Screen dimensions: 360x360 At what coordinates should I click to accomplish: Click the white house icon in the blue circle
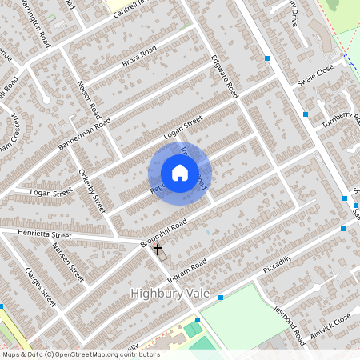point(179,172)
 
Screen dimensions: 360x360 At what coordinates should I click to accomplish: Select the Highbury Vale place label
point(170,294)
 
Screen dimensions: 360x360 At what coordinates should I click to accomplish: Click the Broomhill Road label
point(163,232)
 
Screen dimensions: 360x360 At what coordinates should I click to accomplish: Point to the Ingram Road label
point(187,270)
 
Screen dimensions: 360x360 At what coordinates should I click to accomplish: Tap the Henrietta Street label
point(45,234)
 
